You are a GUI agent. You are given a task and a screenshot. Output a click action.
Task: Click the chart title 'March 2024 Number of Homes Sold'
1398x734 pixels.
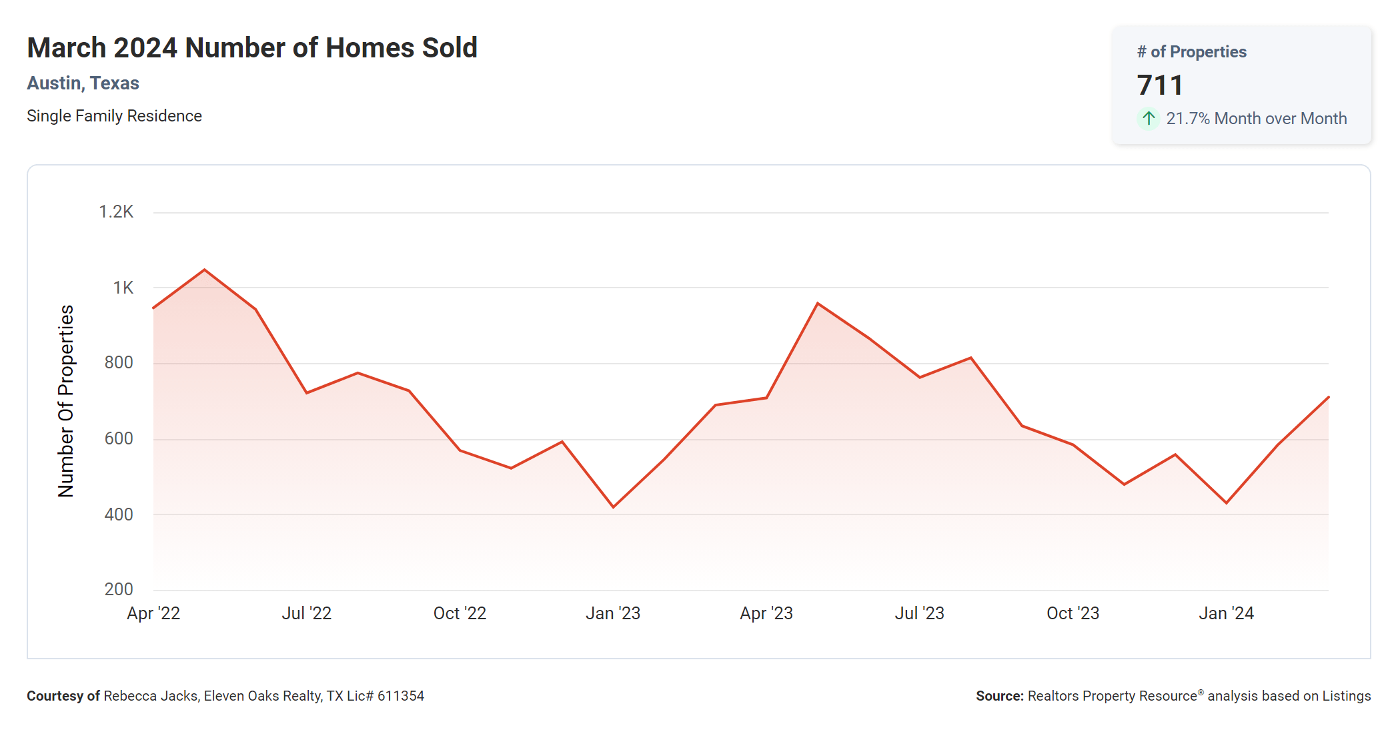tap(252, 48)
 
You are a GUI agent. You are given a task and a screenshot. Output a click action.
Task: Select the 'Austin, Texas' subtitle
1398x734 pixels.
tap(83, 83)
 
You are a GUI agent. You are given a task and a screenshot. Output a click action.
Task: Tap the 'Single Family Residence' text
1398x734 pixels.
tap(114, 116)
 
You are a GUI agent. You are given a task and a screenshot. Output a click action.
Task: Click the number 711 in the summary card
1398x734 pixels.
tap(1160, 85)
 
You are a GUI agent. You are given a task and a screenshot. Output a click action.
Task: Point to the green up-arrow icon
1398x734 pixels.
tap(1149, 119)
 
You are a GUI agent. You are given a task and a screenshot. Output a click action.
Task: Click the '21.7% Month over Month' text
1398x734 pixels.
tap(1257, 119)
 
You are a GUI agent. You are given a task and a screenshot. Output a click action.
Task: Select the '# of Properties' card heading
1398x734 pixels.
tap(1192, 52)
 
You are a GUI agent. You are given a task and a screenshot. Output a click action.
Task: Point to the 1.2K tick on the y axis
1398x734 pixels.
tap(116, 212)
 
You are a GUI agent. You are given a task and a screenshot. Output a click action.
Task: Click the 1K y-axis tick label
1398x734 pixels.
tap(123, 288)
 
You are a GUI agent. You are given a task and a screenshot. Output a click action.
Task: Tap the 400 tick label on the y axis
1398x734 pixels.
tap(119, 514)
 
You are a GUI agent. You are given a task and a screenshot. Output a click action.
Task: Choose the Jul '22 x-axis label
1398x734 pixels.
tap(307, 613)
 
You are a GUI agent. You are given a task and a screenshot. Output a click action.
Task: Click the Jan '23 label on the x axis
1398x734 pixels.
tap(613, 613)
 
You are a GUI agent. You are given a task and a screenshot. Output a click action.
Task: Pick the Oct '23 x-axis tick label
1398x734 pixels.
tap(1073, 613)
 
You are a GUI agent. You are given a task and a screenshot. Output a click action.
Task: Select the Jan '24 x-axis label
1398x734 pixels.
tap(1227, 613)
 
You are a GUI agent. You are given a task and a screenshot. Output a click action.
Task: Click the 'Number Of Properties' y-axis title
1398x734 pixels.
tap(66, 401)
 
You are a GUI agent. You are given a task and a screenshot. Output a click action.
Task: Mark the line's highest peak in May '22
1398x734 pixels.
tap(205, 270)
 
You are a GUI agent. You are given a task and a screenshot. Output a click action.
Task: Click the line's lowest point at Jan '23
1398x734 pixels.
tap(614, 507)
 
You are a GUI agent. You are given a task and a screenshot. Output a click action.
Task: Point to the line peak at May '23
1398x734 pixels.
tap(818, 304)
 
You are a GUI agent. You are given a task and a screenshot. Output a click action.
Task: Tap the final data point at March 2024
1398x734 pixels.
tap(1329, 397)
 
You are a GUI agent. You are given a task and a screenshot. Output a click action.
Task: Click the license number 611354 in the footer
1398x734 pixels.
tap(401, 696)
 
